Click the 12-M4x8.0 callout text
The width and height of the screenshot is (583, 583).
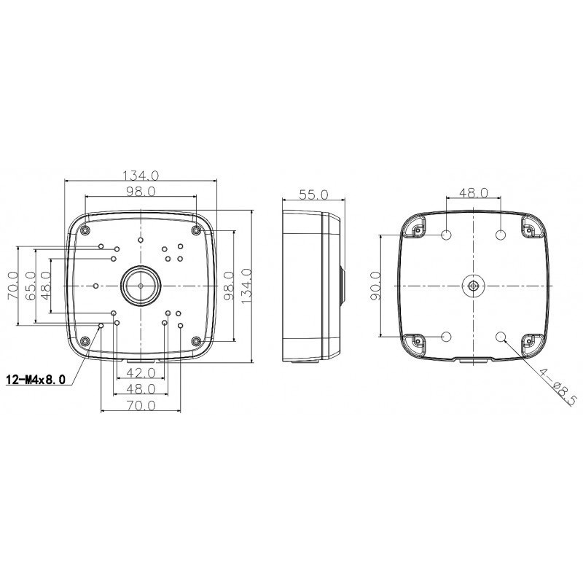[36, 380]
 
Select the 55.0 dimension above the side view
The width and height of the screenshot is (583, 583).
[314, 195]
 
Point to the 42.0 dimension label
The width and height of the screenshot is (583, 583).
[141, 372]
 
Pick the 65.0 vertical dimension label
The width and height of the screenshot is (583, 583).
[30, 286]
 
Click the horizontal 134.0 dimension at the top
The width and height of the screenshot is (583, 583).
[141, 175]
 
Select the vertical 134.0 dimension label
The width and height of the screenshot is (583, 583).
[246, 286]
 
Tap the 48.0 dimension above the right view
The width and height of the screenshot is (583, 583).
[473, 192]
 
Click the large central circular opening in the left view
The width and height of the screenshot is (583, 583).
[141, 286]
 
